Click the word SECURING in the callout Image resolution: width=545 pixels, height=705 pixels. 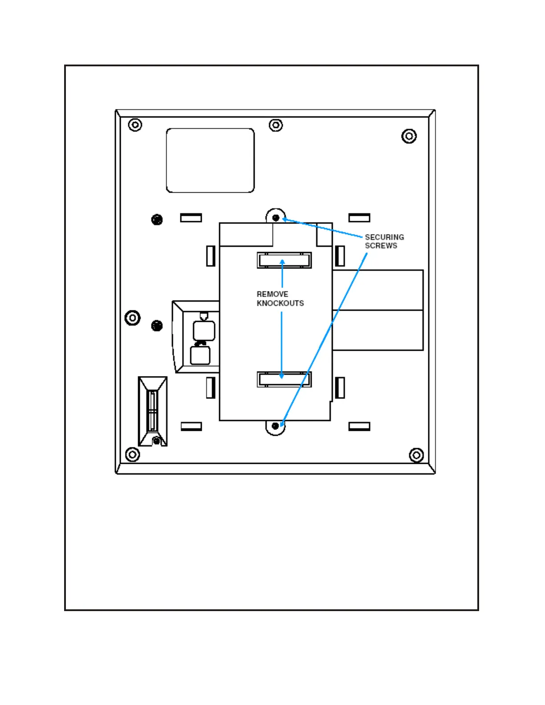[x=384, y=237]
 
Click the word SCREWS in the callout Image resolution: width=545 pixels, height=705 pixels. [x=381, y=246]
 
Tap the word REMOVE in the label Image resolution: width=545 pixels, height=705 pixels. [x=272, y=294]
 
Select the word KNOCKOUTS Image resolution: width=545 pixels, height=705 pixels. [x=280, y=303]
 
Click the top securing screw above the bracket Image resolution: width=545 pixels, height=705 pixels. [x=276, y=218]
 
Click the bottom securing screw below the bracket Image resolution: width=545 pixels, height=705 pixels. [x=275, y=426]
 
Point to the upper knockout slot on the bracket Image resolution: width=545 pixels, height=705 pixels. [x=284, y=260]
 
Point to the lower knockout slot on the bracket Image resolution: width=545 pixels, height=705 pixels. [x=284, y=379]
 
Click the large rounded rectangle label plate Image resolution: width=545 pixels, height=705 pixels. [x=210, y=160]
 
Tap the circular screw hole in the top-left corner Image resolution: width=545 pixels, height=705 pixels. [x=135, y=125]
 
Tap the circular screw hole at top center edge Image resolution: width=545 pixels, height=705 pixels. [x=276, y=125]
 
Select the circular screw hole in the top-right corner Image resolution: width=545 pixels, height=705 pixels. [x=409, y=136]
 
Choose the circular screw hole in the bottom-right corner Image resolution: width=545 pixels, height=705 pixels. [x=416, y=455]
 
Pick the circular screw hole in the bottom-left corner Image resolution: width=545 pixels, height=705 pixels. [x=132, y=455]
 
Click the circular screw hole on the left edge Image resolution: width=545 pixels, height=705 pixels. [x=132, y=318]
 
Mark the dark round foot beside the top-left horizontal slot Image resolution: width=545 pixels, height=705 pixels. [x=157, y=219]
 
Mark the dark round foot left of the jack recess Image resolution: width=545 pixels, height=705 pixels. [x=157, y=326]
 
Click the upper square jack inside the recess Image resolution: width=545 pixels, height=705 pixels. [x=204, y=331]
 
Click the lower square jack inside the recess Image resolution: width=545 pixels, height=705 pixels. [x=200, y=355]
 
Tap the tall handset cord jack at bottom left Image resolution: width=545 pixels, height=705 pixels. [x=152, y=411]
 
